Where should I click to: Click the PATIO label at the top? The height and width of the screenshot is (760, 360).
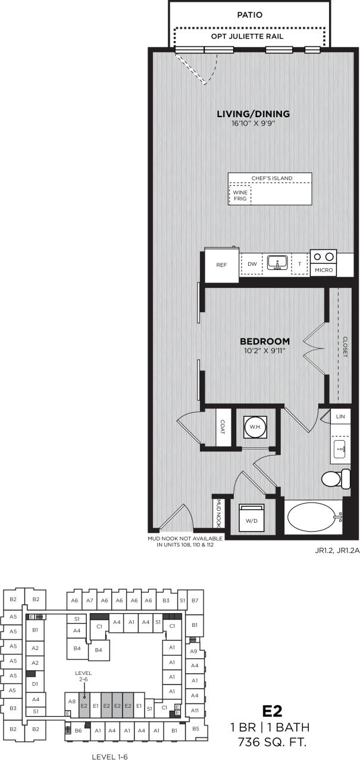click(x=249, y=14)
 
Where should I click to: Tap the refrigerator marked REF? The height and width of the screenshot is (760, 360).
click(x=221, y=265)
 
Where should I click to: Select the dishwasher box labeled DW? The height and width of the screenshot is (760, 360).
click(x=252, y=263)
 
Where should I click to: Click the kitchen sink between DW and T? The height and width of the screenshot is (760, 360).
click(x=277, y=262)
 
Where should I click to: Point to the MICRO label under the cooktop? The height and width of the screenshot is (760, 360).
click(x=324, y=271)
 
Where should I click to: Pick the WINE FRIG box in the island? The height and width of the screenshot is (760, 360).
click(x=240, y=195)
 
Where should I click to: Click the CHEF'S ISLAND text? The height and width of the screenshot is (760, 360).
click(x=269, y=177)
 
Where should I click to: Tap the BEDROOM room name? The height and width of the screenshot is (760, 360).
click(x=264, y=341)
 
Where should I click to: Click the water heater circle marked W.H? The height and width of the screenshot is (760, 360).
click(x=255, y=427)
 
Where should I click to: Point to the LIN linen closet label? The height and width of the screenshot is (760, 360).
click(x=340, y=417)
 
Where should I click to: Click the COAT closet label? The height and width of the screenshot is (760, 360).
click(x=224, y=426)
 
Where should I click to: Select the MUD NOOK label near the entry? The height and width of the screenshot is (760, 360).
click(x=218, y=512)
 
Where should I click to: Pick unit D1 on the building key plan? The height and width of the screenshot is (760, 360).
click(x=35, y=684)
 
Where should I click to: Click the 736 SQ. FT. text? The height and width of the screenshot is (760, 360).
click(x=272, y=742)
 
